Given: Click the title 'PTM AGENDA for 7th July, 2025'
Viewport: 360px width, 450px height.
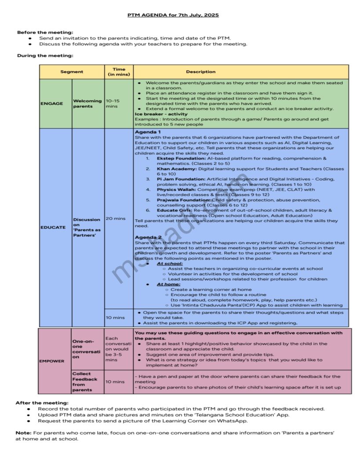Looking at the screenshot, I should (173, 15).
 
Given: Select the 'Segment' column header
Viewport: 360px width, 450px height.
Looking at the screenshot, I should (72, 72).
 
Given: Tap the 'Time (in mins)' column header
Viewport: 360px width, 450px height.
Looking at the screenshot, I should (119, 72).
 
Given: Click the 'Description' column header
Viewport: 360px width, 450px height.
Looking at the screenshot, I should (200, 72).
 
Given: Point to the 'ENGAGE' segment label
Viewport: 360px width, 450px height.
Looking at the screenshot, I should (52, 104).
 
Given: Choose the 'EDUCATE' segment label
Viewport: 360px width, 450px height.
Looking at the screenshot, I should (53, 227).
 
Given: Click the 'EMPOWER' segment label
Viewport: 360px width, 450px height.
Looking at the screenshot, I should (52, 361).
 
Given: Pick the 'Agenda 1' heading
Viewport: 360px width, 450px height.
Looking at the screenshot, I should (148, 132).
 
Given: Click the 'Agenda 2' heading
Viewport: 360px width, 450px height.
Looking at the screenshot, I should (148, 237).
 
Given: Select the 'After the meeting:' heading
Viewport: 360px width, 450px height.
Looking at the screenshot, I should (42, 403).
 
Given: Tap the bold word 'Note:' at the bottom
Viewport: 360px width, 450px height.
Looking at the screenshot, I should (23, 433).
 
